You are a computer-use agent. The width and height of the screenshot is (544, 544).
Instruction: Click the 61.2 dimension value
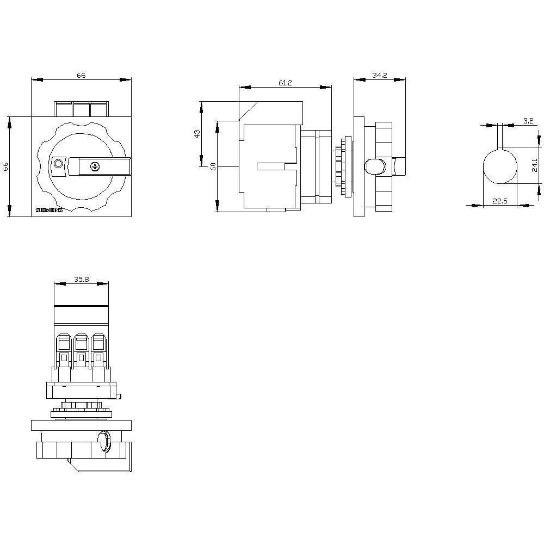pyautogui.click(x=285, y=83)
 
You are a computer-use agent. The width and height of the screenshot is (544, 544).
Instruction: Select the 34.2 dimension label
pyautogui.click(x=379, y=76)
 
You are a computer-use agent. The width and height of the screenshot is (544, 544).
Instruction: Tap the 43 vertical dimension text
pyautogui.click(x=197, y=133)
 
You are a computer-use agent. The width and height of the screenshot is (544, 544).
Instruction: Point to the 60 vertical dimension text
pyautogui.click(x=213, y=166)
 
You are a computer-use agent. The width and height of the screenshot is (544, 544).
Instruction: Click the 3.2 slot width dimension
pyautogui.click(x=528, y=121)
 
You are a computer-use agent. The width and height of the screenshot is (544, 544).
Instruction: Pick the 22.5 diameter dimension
pyautogui.click(x=499, y=201)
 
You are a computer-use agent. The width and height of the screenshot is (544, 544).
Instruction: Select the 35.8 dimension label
pyautogui.click(x=81, y=279)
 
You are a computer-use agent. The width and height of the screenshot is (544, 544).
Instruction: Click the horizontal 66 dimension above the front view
pyautogui.click(x=81, y=76)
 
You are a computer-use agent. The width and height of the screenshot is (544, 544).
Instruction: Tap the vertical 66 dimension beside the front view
pyautogui.click(x=5, y=166)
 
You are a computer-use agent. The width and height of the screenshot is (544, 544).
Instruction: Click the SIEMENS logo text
pyautogui.click(x=49, y=210)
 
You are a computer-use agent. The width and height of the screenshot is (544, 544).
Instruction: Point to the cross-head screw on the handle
pyautogui.click(x=95, y=166)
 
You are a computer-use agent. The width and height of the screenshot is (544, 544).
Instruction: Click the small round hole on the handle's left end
pyautogui.click(x=58, y=164)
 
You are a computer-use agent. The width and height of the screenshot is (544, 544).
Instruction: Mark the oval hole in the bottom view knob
pyautogui.click(x=102, y=441)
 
